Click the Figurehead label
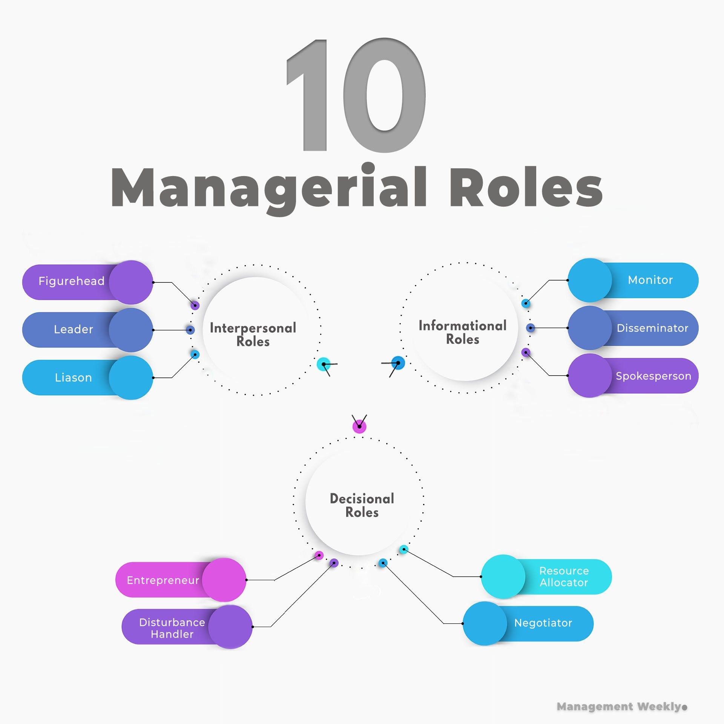point(71,281)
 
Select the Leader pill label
point(73,329)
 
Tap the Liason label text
point(73,377)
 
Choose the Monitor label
point(650,280)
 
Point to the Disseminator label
point(652,328)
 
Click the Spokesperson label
point(653,376)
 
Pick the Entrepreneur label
point(163,580)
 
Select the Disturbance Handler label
point(172,628)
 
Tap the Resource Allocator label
point(564,577)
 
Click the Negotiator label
point(543,623)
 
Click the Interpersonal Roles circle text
point(253,334)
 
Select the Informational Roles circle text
point(463,332)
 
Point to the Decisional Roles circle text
point(362,505)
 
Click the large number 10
point(356,96)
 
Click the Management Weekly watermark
point(621,706)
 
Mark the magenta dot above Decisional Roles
point(359,426)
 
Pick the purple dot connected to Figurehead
point(195,305)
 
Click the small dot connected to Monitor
point(526,303)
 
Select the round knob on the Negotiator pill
point(485,623)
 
